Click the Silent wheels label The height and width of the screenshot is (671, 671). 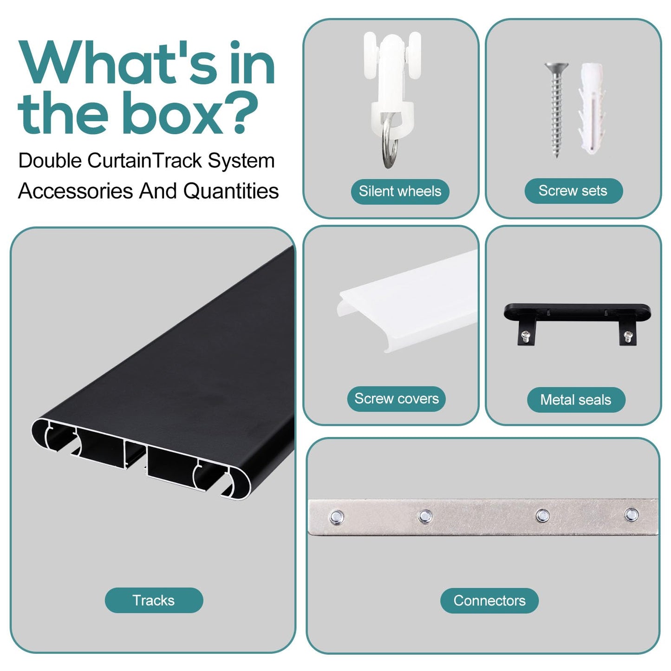[x=400, y=191]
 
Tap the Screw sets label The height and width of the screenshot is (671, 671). [x=573, y=191]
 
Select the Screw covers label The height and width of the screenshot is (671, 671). [x=396, y=399]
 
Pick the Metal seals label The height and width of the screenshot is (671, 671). [x=576, y=400]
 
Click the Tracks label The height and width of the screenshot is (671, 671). [x=154, y=600]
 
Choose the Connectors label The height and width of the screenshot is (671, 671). [x=489, y=600]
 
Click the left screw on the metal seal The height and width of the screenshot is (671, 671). [x=526, y=335]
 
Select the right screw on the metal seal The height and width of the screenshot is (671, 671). [x=628, y=335]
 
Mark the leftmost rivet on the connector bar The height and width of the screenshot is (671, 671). [x=337, y=517]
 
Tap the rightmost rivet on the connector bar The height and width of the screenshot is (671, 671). [x=631, y=515]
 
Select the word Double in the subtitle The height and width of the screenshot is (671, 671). [x=50, y=161]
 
